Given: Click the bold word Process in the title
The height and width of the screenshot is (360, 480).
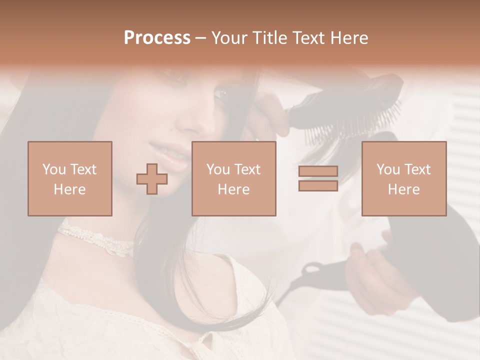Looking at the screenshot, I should coord(157,38).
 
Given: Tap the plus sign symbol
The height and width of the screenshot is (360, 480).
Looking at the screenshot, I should coord(152,178).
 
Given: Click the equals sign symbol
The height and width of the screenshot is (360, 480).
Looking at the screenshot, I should coord(318,178).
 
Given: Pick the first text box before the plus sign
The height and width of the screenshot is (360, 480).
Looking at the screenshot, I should coord(69,178).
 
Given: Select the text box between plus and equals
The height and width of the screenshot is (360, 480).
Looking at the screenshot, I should coord(233,178).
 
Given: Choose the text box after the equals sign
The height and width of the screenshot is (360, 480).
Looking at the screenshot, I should coord(403,178).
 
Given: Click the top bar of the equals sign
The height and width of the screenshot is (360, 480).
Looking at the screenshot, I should coord(318,171).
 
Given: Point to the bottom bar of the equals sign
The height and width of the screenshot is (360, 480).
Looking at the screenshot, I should coord(318,185).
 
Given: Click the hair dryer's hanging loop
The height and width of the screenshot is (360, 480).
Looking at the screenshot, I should coord(312,272).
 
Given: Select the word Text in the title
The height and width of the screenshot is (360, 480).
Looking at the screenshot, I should coord(311,38).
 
